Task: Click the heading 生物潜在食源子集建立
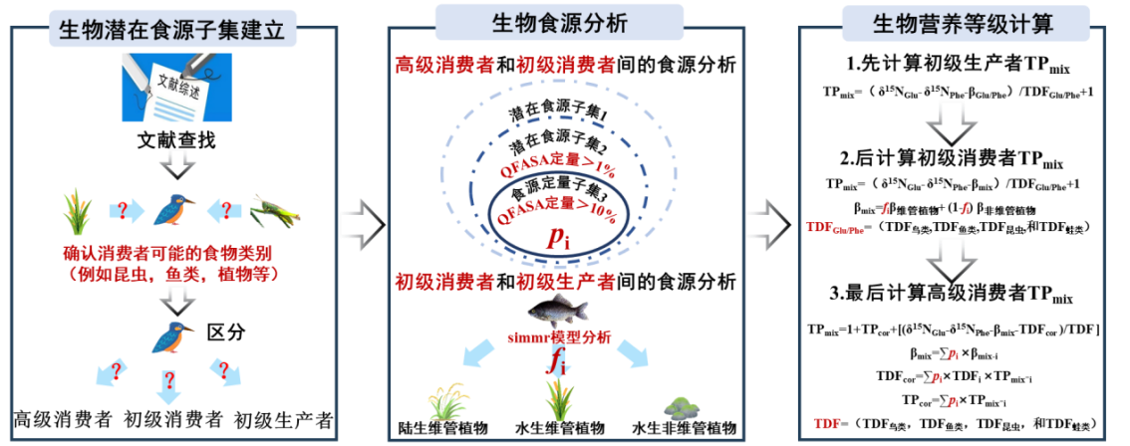coord(173,30)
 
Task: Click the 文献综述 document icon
coord(177,87)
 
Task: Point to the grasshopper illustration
coord(274,210)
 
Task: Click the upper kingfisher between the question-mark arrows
coord(174,210)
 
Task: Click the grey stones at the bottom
coord(683,406)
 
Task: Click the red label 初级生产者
coord(565,282)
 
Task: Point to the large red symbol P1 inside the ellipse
coord(555,239)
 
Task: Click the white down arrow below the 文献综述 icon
coord(178,161)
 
